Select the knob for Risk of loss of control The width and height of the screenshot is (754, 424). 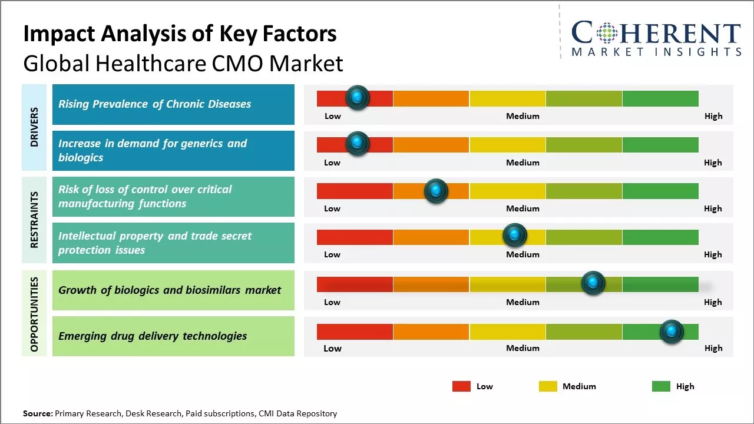(436, 191)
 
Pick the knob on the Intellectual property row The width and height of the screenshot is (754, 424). (515, 236)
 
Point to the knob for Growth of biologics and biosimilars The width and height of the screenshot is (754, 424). (593, 283)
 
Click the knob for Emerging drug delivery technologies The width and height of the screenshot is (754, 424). (672, 332)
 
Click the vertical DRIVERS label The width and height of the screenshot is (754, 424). (34, 127)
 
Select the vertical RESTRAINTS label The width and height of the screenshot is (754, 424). (34, 220)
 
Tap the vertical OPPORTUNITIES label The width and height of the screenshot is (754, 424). (34, 314)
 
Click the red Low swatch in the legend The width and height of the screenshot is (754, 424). (461, 386)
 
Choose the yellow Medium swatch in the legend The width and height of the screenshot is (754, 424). (548, 386)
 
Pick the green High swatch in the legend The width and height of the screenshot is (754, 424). (661, 386)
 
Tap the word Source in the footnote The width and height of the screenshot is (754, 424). (37, 413)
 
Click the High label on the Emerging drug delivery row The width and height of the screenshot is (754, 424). (713, 348)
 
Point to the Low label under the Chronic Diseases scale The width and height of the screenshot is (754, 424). (333, 116)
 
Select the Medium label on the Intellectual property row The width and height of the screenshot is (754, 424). (522, 254)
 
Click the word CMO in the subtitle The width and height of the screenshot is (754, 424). (234, 63)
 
